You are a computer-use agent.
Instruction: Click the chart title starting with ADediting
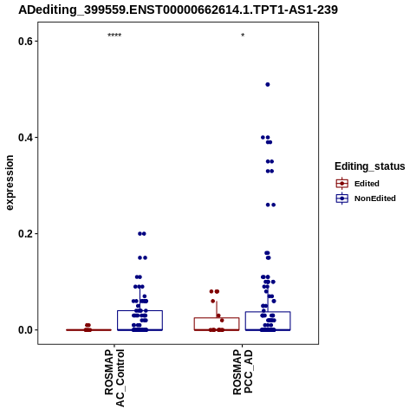tap(178, 10)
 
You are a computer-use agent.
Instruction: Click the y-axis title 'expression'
tap(10, 183)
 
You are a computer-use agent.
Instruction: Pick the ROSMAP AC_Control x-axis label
tap(114, 378)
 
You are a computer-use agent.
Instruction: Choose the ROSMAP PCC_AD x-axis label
tap(243, 372)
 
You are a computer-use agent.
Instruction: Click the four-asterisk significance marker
tap(114, 36)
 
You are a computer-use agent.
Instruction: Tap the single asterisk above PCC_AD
tap(243, 36)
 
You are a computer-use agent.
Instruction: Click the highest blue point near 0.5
tap(268, 85)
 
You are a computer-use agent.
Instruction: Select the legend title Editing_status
tap(370, 166)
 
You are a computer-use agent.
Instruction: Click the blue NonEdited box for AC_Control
tap(140, 321)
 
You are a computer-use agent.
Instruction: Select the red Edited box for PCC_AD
tap(217, 324)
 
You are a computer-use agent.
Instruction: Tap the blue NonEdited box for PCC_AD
tap(268, 321)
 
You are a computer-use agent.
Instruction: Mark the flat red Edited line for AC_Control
tap(88, 330)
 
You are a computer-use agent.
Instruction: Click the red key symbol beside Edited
tap(342, 184)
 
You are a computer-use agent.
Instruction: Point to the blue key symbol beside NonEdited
tap(342, 198)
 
